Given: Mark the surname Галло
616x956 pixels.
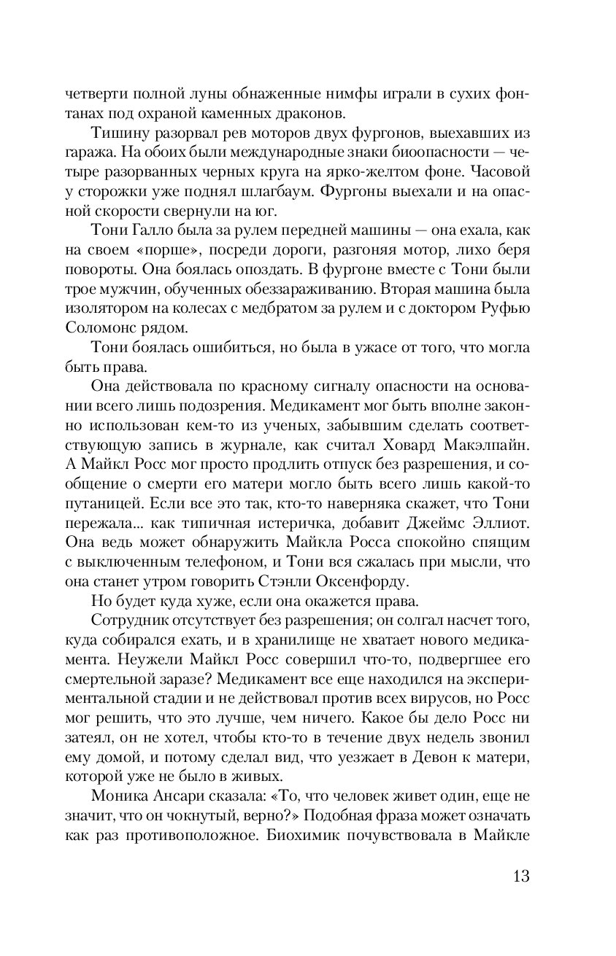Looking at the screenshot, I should (x=150, y=230).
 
